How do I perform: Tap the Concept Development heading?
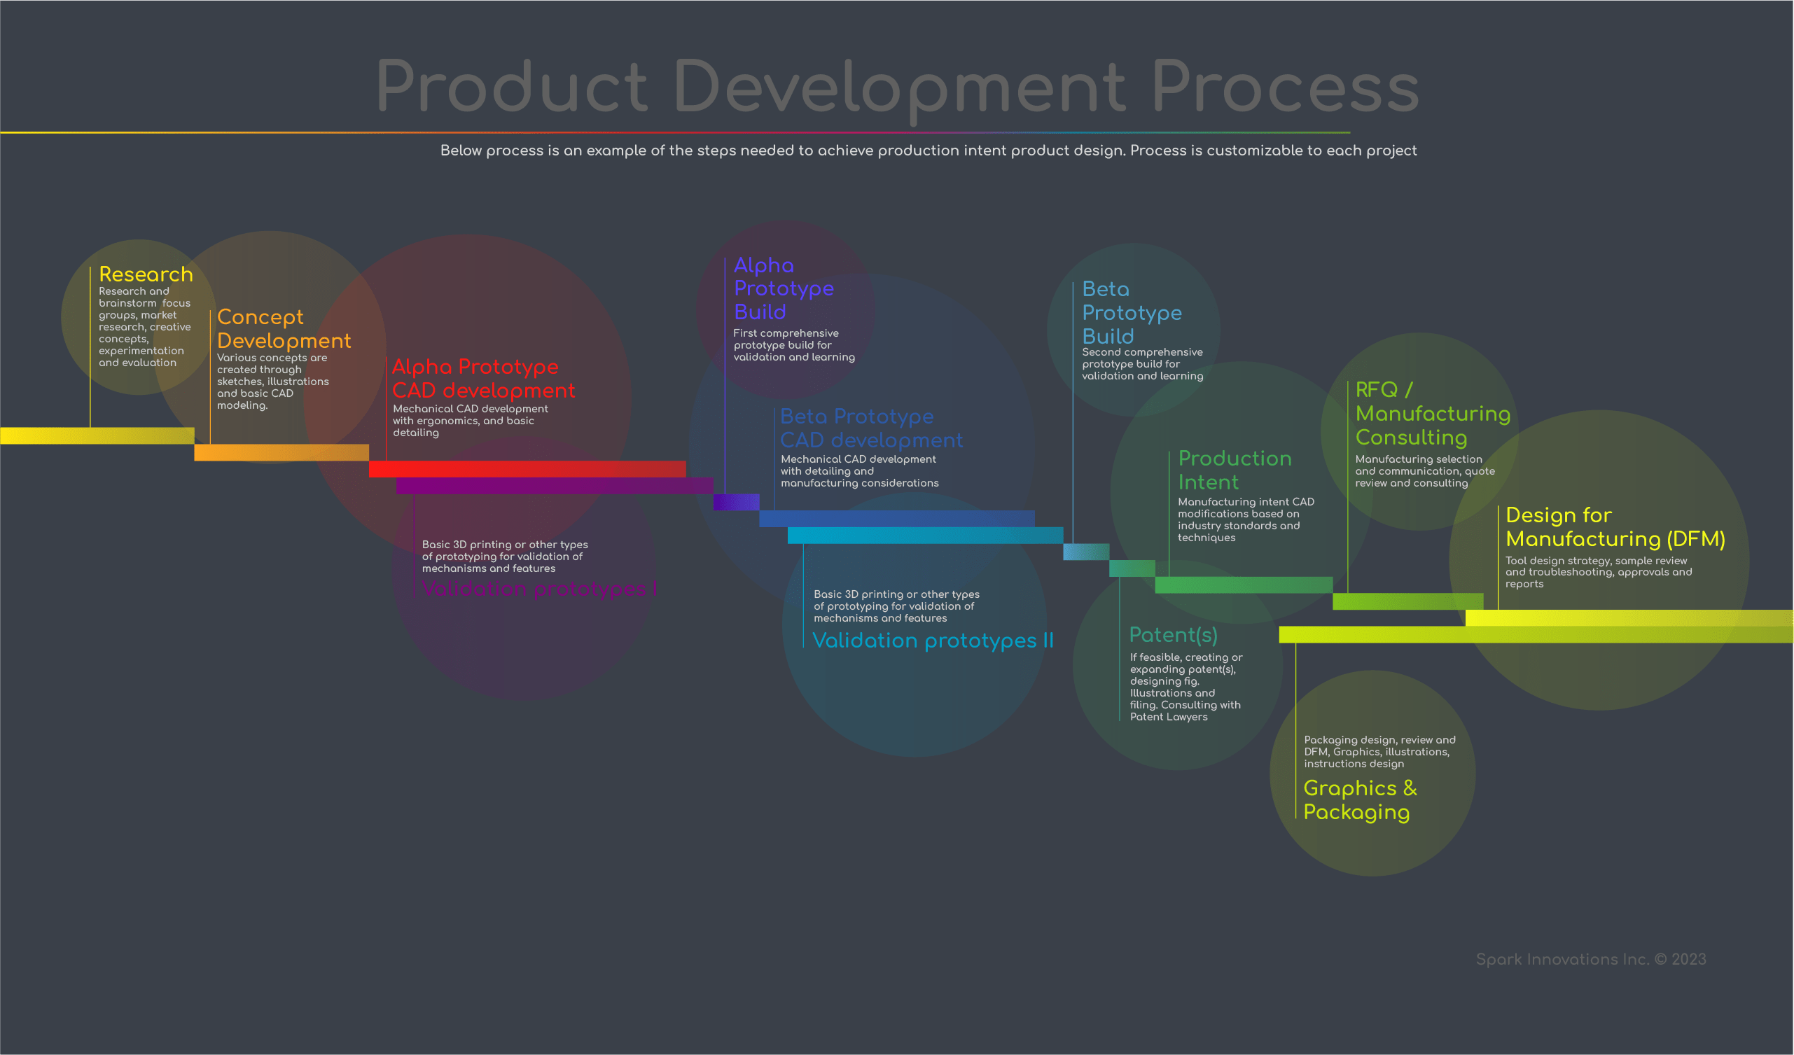(284, 329)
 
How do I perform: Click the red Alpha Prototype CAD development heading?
(482, 379)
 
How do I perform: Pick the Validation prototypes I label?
(539, 589)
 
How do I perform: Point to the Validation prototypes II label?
(933, 641)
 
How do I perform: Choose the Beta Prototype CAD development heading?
(870, 428)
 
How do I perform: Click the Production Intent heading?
(1235, 470)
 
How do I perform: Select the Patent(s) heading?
(1173, 635)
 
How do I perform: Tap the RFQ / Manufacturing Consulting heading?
(1433, 414)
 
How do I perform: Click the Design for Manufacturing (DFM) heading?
(1615, 526)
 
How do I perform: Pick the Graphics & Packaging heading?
(1360, 800)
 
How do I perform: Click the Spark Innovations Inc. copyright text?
(1590, 960)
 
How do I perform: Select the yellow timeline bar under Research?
(97, 435)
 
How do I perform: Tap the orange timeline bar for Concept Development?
(281, 453)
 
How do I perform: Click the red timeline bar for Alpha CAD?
(527, 469)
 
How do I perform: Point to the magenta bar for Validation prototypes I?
(554, 486)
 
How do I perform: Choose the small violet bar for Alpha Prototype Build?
(736, 502)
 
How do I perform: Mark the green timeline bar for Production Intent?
(1243, 585)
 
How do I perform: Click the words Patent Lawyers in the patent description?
(1169, 717)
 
